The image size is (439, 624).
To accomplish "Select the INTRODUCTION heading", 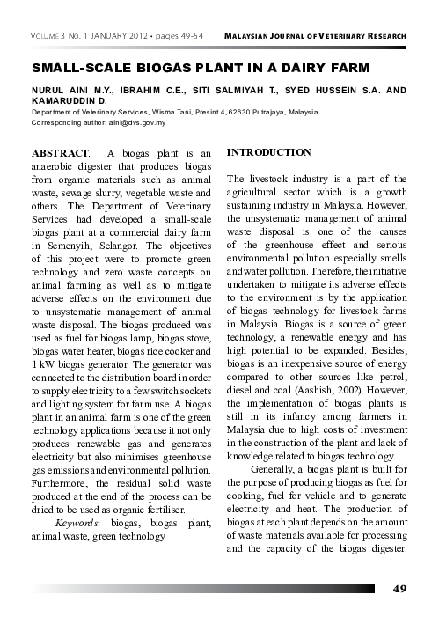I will (x=269, y=153).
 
